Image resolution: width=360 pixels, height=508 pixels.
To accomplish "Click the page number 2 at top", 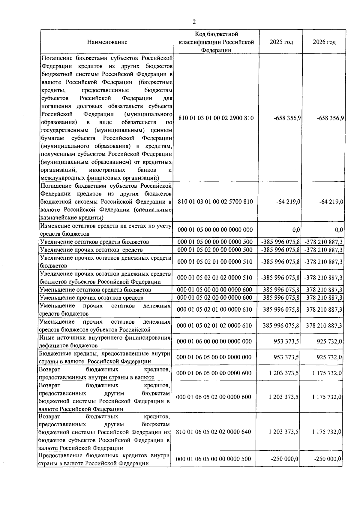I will click(194, 22).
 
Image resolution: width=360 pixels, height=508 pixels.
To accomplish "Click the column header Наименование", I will click(107, 42).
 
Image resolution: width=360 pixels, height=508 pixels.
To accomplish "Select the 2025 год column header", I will click(281, 42).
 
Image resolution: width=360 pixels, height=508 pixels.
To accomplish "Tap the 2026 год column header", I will click(324, 42).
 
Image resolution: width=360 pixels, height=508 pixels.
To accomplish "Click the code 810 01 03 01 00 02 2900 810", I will click(216, 118).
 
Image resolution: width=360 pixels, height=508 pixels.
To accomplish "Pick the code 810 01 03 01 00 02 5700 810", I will click(215, 201).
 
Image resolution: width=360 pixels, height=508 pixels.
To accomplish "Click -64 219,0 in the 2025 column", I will click(288, 202).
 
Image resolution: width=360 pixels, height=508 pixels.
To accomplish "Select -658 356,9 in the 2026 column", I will click(330, 118).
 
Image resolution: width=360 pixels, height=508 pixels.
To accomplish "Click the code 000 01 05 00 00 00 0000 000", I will click(215, 230).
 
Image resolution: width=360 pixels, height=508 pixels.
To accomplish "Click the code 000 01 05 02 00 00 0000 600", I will click(215, 298).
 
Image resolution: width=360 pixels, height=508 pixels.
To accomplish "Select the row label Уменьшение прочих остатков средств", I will click(91, 298).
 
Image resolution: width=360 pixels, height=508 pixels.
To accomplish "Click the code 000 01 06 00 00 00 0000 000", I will click(214, 341).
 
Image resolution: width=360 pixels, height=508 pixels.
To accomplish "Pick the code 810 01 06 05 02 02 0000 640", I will click(214, 432).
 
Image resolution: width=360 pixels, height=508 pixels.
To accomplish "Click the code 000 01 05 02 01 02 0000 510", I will click(215, 278).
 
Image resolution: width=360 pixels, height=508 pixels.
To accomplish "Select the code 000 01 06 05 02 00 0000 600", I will click(214, 397).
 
